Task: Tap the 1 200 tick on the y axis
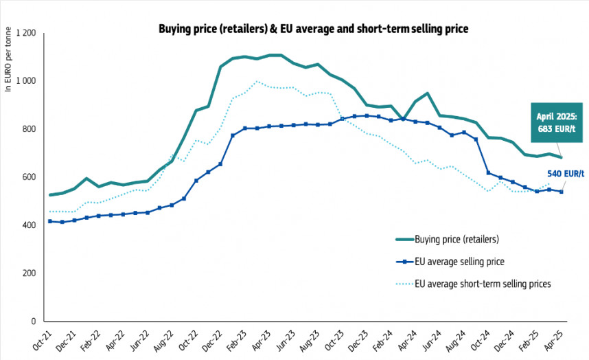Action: pos(25,33)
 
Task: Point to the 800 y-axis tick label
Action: pos(30,129)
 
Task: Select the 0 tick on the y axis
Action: pos(34,322)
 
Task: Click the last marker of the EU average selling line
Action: pos(562,192)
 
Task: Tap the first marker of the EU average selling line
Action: pos(50,221)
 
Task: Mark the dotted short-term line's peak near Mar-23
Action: pos(257,82)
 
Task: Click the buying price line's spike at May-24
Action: pos(427,93)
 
